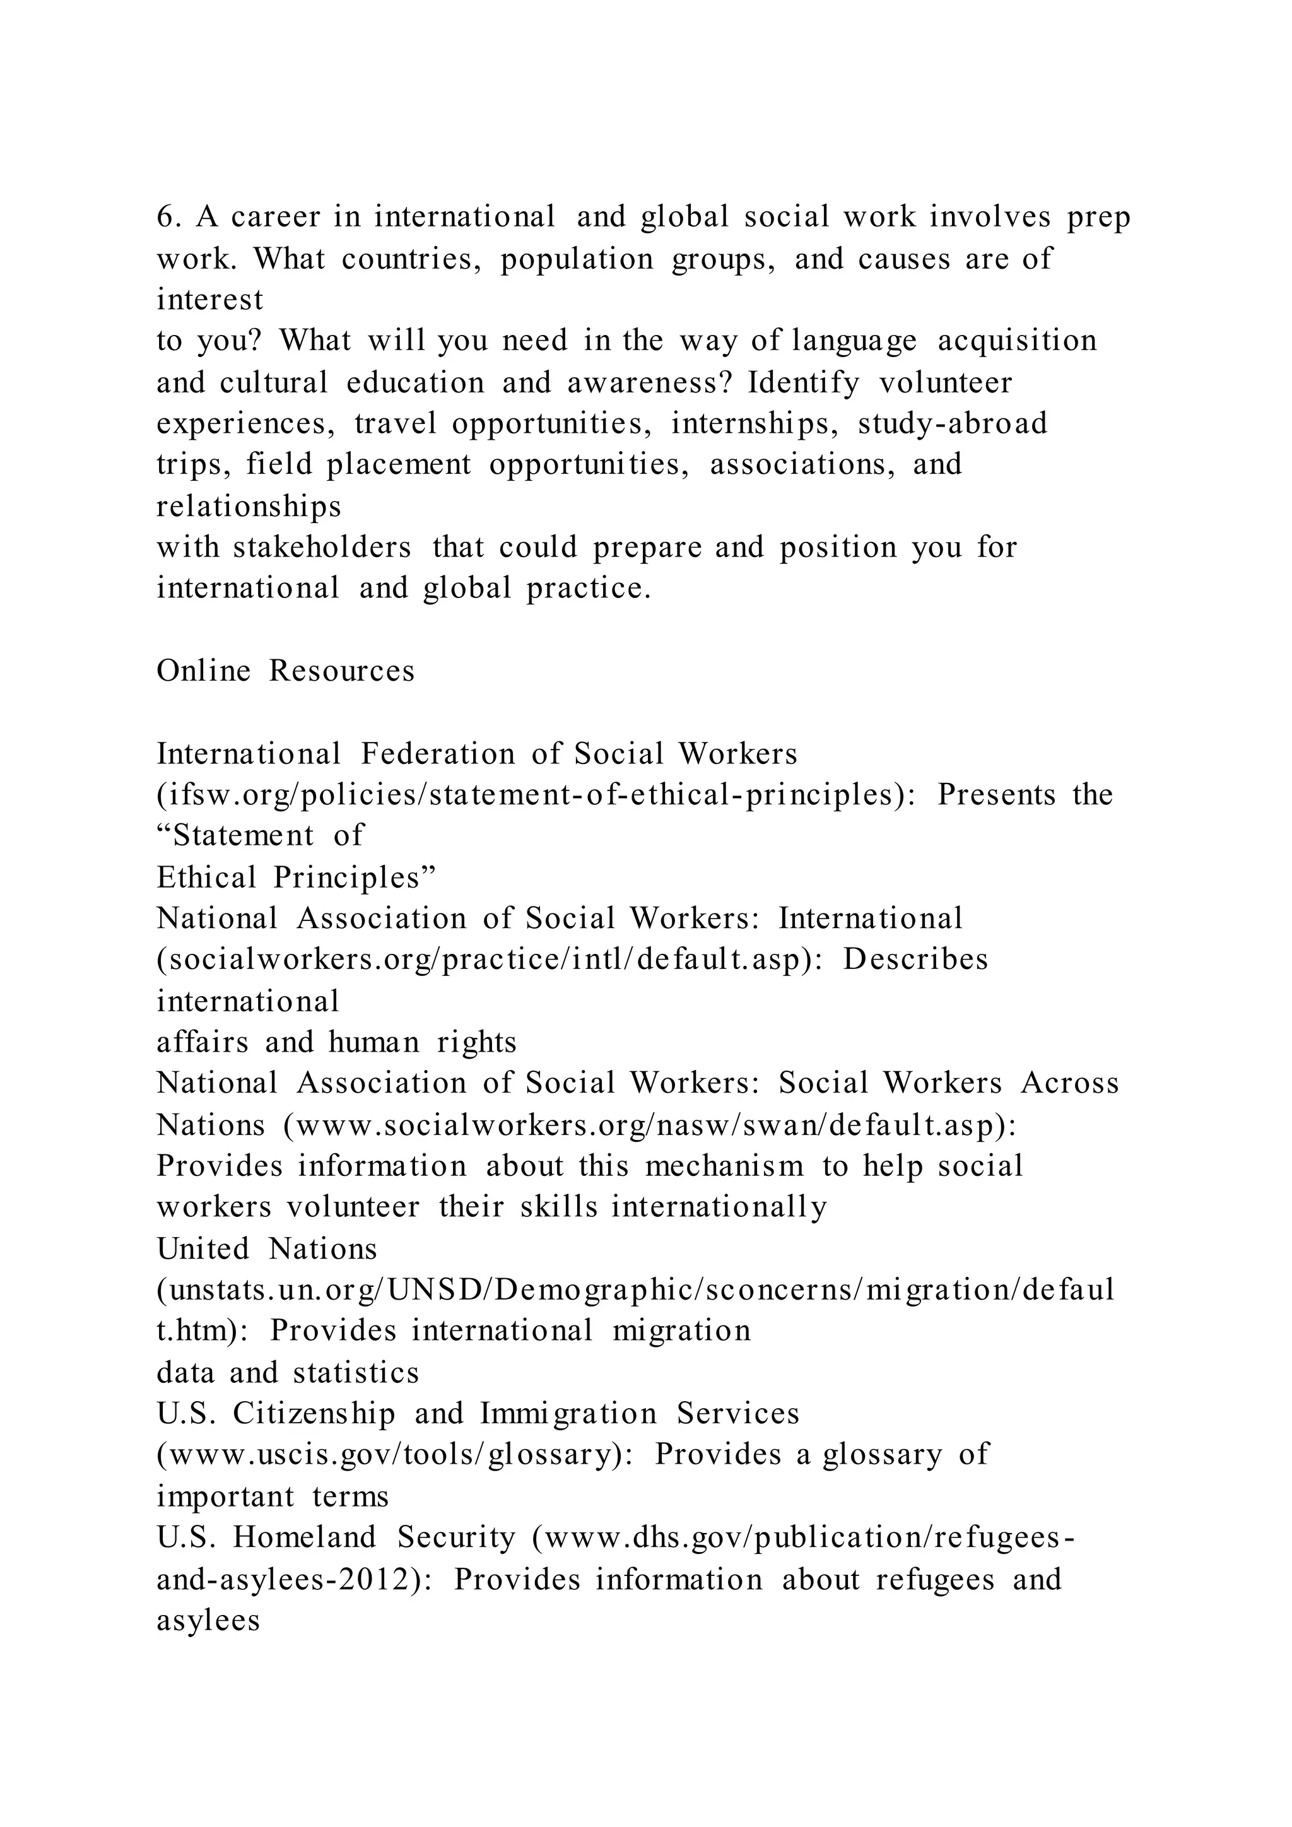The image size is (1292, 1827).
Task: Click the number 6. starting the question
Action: (x=168, y=216)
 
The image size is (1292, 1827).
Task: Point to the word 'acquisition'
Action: (x=1017, y=341)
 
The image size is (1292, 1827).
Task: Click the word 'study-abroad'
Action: (x=953, y=423)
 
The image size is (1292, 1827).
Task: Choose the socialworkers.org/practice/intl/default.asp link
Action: (x=490, y=960)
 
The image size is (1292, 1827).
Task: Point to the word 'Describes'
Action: (x=915, y=960)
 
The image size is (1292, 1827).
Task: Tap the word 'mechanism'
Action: (x=724, y=1166)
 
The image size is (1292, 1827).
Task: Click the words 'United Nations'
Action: (x=266, y=1249)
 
